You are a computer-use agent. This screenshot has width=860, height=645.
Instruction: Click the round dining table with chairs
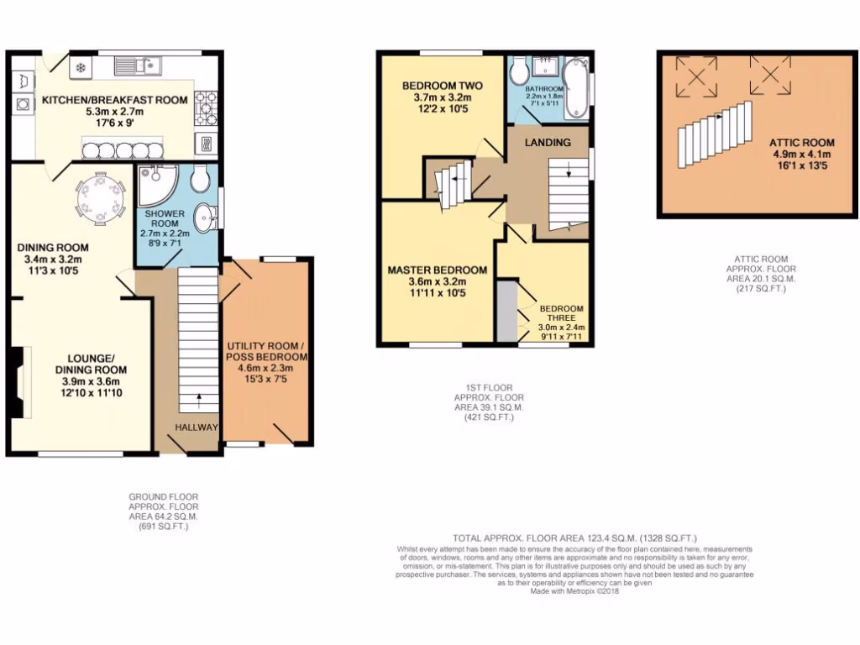[99, 199]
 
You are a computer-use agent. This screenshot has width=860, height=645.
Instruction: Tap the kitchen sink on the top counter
[138, 64]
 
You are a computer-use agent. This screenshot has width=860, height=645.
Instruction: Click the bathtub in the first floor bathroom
[577, 87]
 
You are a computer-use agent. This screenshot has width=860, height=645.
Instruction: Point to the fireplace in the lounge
[18, 382]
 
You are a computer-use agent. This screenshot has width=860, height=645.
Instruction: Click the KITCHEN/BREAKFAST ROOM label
[114, 100]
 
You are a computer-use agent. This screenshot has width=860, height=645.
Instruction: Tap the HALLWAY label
[197, 427]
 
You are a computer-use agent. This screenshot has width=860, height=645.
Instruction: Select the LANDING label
[548, 143]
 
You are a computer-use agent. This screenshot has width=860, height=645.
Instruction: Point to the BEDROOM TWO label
[441, 86]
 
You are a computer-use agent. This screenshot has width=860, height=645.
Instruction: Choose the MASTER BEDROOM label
[437, 270]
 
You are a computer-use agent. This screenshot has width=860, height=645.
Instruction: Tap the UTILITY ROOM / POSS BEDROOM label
[267, 351]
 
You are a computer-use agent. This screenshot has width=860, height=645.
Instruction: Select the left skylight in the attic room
[697, 74]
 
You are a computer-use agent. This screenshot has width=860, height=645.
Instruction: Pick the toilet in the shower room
[200, 176]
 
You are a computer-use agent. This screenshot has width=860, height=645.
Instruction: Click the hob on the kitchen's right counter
[206, 107]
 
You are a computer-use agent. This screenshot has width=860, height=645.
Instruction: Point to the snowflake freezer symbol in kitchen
[81, 67]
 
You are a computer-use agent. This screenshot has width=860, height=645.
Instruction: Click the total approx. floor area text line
[574, 538]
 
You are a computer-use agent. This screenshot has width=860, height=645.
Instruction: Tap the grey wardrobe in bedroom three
[506, 311]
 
